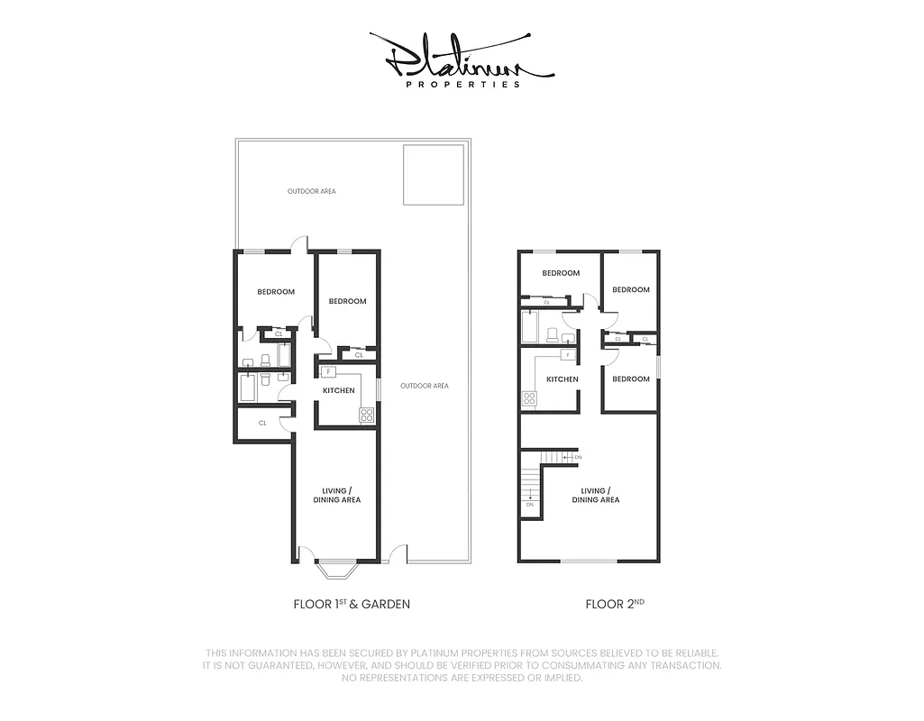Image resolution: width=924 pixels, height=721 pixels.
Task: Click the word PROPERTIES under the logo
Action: (462, 85)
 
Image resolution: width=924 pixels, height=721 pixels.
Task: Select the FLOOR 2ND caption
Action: (615, 604)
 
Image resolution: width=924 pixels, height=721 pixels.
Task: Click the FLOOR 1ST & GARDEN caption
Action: (352, 604)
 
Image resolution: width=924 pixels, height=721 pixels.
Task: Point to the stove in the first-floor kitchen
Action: (367, 415)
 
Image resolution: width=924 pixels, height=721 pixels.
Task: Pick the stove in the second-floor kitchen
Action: (529, 397)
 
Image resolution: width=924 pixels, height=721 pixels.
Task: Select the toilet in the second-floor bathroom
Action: (553, 335)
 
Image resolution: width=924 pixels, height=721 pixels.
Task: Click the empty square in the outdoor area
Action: (433, 175)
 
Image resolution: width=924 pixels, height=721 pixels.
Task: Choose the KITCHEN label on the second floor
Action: (563, 379)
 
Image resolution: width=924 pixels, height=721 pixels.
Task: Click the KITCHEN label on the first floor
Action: (339, 390)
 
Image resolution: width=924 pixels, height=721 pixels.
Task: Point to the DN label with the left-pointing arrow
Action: (577, 458)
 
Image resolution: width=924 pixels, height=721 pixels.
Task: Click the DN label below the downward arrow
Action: (529, 505)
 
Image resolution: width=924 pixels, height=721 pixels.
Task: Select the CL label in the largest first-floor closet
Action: (262, 423)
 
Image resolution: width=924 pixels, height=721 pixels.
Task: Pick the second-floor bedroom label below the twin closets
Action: (631, 379)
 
